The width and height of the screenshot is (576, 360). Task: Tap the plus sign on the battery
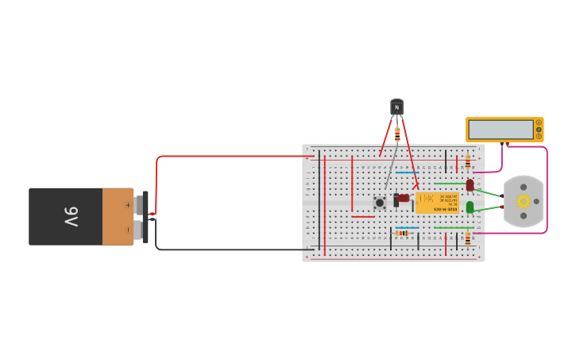[x=128, y=204]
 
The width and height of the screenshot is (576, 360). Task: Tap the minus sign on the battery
[x=128, y=230]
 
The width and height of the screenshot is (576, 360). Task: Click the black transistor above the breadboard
[x=396, y=106]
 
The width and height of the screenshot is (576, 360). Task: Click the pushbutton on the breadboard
[x=380, y=203]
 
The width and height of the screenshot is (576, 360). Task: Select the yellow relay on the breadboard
[x=437, y=202]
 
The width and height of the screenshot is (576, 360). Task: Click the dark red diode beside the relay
[x=404, y=198]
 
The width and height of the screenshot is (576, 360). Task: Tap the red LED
[x=470, y=184]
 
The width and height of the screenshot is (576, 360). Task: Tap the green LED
[x=470, y=207]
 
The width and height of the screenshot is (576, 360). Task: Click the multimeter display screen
[x=501, y=129]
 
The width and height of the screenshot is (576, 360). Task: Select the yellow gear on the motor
[x=524, y=201]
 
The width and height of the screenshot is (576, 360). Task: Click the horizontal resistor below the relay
[x=402, y=233]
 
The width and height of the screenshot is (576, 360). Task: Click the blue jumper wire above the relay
[x=407, y=172]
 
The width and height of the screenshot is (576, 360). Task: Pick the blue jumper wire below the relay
[x=407, y=228]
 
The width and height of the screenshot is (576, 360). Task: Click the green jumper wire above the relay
[x=448, y=184]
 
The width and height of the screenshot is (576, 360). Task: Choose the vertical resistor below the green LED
[x=468, y=236]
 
